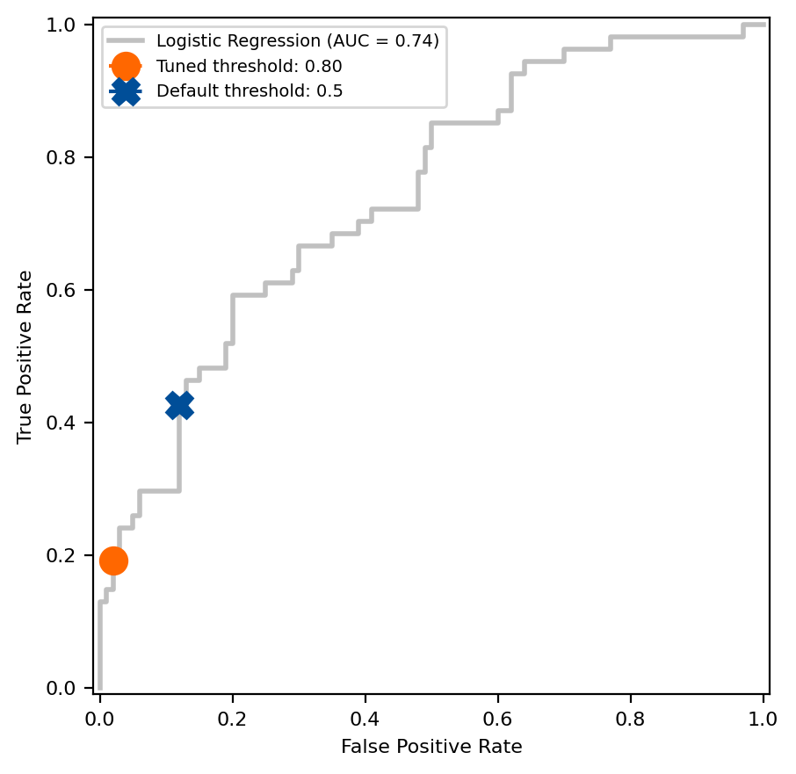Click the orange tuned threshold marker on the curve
113,561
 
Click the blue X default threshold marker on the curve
179,405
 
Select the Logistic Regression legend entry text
297,40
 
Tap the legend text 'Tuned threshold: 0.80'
249,66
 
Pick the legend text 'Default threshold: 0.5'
250,90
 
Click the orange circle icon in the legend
126,66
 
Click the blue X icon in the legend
126,90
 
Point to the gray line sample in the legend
126,40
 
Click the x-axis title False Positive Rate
431,748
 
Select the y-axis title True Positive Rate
26,356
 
